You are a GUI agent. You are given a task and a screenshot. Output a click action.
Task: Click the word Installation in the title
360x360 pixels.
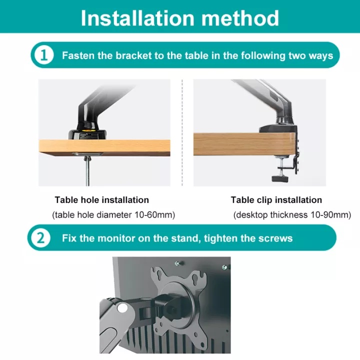click(138, 18)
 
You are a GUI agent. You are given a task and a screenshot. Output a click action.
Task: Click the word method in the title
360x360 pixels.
click(240, 18)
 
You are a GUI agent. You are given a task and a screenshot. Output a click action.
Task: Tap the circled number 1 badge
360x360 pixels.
click(44, 55)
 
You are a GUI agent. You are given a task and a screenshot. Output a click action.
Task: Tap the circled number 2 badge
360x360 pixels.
click(40, 238)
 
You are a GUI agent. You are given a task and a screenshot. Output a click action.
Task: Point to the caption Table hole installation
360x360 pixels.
click(101, 200)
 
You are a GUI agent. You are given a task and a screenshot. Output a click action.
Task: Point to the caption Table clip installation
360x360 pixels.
click(276, 200)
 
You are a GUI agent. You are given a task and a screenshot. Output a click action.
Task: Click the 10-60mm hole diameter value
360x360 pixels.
click(154, 215)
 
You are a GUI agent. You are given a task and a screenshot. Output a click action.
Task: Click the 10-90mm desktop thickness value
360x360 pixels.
click(331, 215)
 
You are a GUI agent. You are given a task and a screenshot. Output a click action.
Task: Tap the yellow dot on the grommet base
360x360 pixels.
click(87, 130)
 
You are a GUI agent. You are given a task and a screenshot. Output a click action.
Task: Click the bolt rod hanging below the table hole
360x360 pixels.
click(87, 171)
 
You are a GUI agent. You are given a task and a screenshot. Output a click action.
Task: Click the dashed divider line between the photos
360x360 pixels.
click(182, 132)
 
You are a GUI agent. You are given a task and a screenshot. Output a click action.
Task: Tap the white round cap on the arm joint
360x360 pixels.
click(122, 307)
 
